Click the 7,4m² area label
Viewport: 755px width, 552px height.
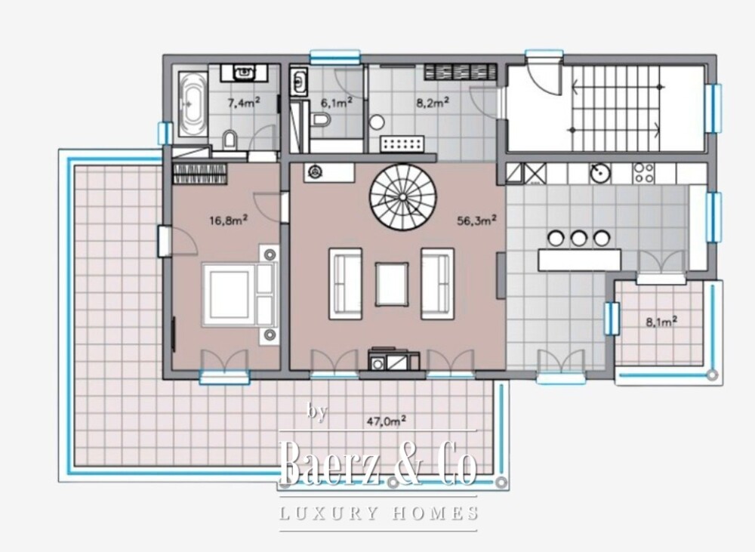coord(244,102)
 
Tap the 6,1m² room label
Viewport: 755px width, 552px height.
coord(337,103)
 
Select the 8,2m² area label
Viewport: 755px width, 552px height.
coord(433,102)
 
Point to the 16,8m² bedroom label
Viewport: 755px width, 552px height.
coord(228,220)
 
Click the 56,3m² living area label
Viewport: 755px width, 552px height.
coord(476,220)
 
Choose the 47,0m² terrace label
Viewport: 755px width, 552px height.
coord(386,421)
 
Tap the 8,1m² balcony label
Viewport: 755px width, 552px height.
coord(661,322)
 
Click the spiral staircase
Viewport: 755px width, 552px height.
coord(403,197)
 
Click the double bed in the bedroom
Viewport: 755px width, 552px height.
coord(239,294)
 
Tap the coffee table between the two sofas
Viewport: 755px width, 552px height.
coord(392,284)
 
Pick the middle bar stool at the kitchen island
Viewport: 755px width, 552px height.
coord(579,238)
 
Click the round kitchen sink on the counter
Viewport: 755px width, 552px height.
coord(600,173)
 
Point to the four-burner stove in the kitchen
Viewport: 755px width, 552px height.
coord(644,173)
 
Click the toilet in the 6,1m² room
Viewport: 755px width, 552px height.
coord(319,119)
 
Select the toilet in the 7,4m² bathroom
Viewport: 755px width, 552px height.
coord(230,140)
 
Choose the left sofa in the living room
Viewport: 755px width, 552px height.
coord(345,284)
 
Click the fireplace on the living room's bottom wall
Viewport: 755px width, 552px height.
coord(394,359)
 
